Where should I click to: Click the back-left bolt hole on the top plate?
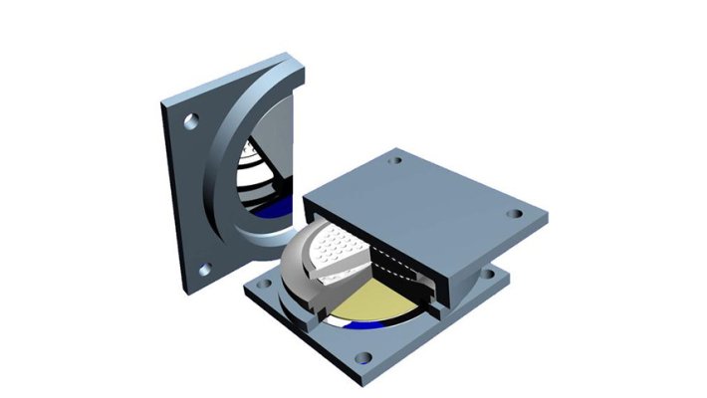coord(396,159)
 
